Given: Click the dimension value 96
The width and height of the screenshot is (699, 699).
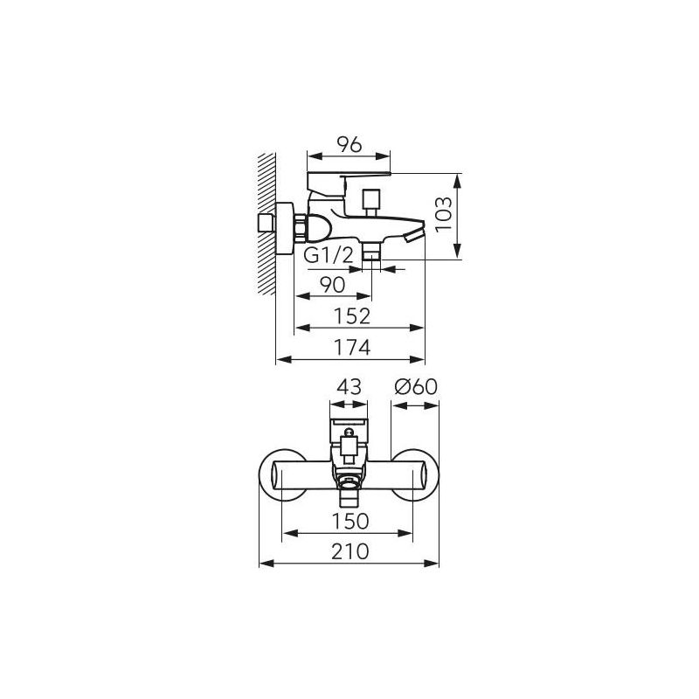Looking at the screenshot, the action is tap(349, 145).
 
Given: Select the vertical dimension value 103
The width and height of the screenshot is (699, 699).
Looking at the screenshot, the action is tap(444, 214).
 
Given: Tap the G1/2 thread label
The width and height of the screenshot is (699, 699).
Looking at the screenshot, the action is tap(329, 256).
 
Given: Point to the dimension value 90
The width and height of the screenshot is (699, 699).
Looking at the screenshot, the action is tap(333, 286).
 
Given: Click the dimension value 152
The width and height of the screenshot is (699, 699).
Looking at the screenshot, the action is tap(352, 316).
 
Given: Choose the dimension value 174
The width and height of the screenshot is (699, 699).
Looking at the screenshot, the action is tap(352, 347).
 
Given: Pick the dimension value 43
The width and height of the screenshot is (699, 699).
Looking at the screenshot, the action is tap(349, 387).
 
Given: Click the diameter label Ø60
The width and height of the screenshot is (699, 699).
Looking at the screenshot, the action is tap(416, 387).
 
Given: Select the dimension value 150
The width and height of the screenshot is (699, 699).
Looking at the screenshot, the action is tap(350, 521).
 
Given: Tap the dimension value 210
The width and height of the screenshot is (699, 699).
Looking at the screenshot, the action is tap(350, 552).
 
